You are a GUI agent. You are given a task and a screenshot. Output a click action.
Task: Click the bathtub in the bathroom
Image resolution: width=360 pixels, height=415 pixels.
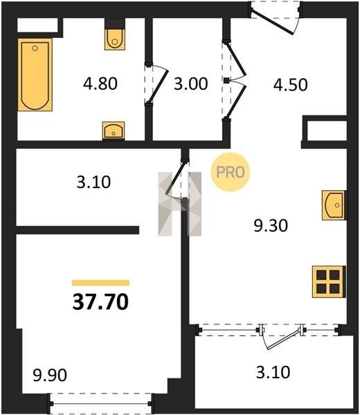coord(35,75)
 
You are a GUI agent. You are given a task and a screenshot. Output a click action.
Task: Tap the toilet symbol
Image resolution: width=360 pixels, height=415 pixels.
coord(115,39)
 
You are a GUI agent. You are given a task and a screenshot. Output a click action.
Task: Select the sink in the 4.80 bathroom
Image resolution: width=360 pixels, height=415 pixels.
coord(114,131)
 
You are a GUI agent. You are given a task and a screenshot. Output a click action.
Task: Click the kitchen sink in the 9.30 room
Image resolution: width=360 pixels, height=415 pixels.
coord(334,205)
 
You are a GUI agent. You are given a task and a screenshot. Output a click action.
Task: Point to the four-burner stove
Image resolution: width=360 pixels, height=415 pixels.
coord(329,282)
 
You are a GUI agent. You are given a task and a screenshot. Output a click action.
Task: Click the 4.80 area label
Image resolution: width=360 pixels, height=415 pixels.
coord(100,84)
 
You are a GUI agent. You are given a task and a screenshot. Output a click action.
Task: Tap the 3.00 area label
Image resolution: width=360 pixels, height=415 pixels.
coord(190,84)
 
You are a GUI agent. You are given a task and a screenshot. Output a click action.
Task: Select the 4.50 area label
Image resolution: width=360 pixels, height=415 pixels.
coord(291,84)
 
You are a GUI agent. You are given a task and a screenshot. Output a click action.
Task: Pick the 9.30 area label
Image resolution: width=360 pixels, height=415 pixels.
coord(271,225)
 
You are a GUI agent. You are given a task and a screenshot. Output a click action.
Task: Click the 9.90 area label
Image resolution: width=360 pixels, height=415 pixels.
coord(50,375)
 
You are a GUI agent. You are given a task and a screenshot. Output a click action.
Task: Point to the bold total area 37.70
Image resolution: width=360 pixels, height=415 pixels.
coord(100,302)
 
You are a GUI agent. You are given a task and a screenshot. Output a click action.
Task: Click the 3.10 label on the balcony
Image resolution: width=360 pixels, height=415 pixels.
coord(273,372)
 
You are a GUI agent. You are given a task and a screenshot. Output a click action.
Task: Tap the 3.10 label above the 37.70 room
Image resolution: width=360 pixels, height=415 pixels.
coord(93,183)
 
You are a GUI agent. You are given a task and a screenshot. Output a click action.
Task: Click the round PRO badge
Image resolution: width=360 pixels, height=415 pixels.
coord(231,172)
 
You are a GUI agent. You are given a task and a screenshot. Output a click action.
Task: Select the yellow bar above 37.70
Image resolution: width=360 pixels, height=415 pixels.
coord(100,283)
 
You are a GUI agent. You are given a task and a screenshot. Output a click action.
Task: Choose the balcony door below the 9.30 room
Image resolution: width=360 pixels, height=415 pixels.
coord(281,336)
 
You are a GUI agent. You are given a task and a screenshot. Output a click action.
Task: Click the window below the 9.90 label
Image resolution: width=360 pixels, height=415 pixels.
coord(101,404)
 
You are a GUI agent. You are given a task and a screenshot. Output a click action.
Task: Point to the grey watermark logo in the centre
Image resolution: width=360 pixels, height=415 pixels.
coord(180,204)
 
